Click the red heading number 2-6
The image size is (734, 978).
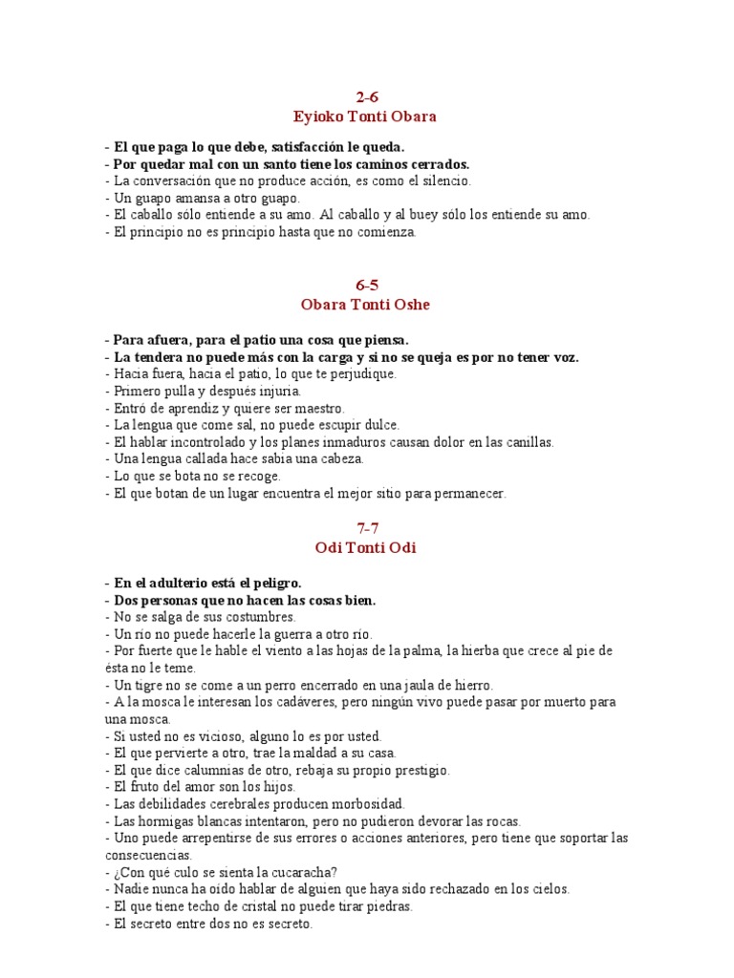click(x=367, y=96)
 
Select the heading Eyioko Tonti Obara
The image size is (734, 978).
click(x=367, y=116)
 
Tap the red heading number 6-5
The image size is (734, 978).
click(x=367, y=285)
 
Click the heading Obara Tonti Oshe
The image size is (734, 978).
click(x=367, y=304)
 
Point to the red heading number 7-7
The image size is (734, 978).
click(x=367, y=528)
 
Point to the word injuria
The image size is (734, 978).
click(x=276, y=391)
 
